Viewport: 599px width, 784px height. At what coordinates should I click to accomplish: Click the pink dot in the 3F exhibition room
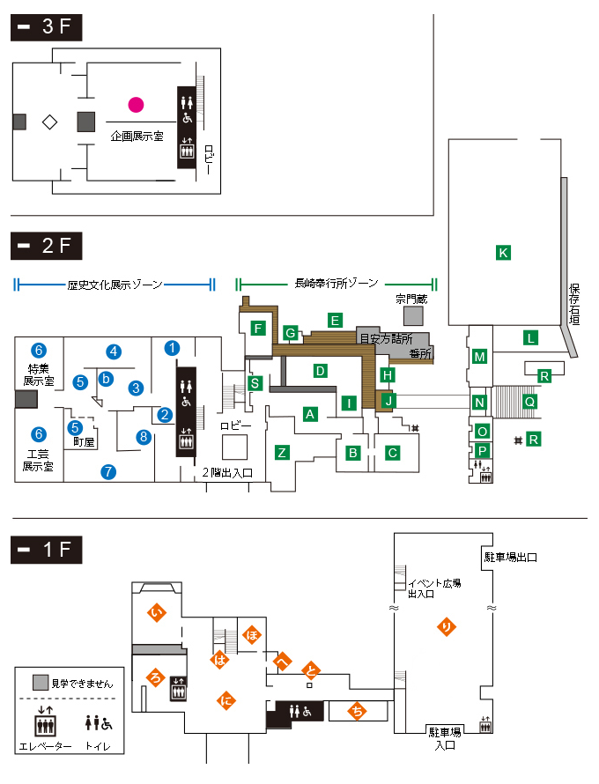[136, 105]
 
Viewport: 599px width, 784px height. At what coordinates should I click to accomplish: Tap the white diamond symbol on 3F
[49, 122]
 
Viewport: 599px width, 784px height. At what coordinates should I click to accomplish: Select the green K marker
[503, 253]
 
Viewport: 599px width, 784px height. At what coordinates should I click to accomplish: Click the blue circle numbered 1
[172, 348]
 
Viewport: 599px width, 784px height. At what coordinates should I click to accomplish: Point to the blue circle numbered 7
[108, 471]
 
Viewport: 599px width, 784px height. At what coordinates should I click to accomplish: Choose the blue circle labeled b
[106, 379]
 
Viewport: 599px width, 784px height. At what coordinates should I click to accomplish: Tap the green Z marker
[282, 453]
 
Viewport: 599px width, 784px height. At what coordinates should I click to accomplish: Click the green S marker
[255, 383]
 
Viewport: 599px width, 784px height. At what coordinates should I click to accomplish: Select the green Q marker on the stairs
[529, 402]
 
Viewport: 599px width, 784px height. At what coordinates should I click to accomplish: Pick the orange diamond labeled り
[447, 626]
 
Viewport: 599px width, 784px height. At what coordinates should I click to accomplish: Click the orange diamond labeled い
[157, 612]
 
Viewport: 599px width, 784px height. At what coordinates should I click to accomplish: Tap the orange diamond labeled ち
[357, 711]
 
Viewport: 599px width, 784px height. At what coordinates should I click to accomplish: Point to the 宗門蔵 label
[411, 299]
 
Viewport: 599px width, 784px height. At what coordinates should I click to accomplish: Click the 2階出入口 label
[227, 472]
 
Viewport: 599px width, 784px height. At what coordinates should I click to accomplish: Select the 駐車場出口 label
[511, 557]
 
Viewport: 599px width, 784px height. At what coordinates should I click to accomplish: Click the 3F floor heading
[47, 27]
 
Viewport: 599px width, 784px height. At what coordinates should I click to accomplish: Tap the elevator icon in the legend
[45, 721]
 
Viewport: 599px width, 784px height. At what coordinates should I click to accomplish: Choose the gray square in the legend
[41, 683]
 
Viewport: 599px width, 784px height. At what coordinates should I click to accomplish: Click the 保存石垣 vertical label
[574, 305]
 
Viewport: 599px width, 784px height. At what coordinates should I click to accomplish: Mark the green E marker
[335, 321]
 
